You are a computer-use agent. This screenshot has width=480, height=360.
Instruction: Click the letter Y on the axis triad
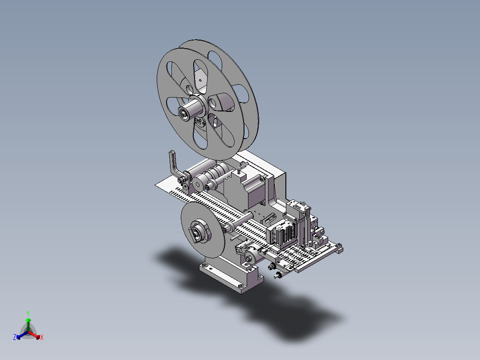pos(28,313)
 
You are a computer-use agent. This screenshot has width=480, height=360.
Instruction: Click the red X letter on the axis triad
pos(42,337)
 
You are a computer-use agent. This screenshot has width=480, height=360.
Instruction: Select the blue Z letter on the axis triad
pos(14,337)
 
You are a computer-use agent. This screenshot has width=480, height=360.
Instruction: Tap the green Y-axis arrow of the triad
pos(28,324)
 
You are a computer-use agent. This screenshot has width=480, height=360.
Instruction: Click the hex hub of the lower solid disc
pos(199,232)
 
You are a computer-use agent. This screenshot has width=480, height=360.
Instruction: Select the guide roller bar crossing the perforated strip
pos(239,222)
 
